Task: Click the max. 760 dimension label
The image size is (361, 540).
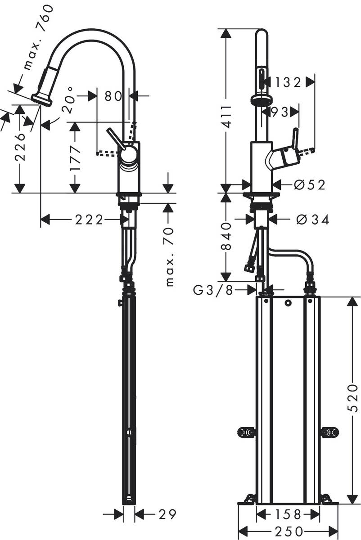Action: point(38,38)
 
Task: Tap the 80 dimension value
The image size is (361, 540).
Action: point(113,96)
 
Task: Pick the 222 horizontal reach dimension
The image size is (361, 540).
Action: point(89,220)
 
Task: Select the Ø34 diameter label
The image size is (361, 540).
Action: point(313,220)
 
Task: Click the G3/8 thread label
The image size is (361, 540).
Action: point(214,291)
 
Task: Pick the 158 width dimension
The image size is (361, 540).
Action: point(288,513)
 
